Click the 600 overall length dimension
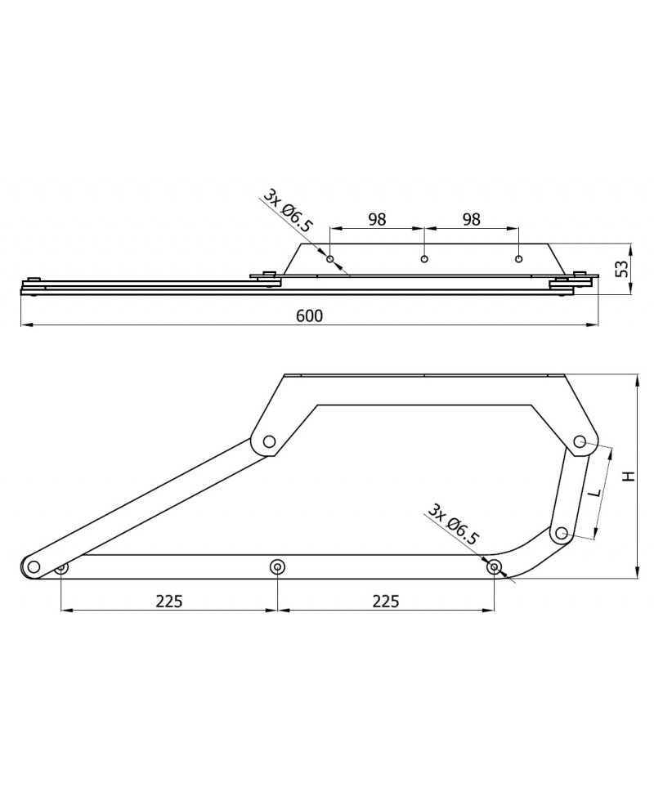(310, 315)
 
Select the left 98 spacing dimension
(377, 220)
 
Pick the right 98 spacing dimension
(471, 220)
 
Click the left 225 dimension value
(169, 601)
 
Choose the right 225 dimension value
(386, 601)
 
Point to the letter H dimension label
(628, 477)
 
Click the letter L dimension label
(596, 492)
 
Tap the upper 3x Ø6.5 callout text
(289, 211)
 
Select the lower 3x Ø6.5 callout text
(454, 524)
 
